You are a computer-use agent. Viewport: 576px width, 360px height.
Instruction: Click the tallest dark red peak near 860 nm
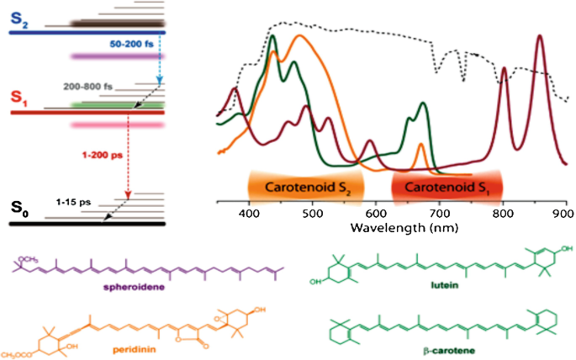pos(539,37)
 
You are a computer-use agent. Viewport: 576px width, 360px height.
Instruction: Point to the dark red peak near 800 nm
pos(505,69)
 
